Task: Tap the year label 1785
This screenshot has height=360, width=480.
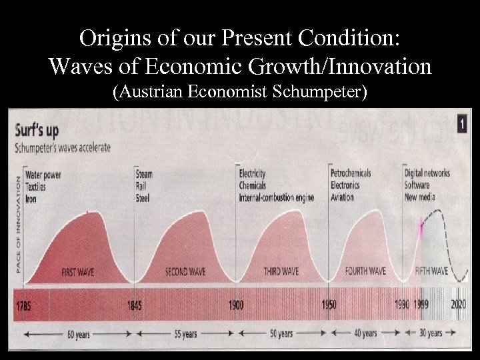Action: pyautogui.click(x=24, y=305)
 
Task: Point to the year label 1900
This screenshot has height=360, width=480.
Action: pyautogui.click(x=236, y=305)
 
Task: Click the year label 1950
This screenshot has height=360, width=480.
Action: pyautogui.click(x=329, y=305)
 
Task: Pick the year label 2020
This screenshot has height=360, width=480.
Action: pyautogui.click(x=458, y=305)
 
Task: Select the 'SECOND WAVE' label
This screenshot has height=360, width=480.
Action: pyautogui.click(x=186, y=272)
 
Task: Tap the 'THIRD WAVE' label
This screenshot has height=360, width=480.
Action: pyautogui.click(x=281, y=272)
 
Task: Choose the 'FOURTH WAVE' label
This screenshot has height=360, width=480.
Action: pyautogui.click(x=365, y=271)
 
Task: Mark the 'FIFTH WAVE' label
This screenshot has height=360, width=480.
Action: pyautogui.click(x=431, y=271)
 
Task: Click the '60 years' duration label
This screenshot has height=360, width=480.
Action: pyautogui.click(x=78, y=334)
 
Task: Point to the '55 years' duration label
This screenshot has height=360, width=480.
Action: pyautogui.click(x=185, y=334)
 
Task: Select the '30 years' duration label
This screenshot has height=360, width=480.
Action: pyautogui.click(x=431, y=333)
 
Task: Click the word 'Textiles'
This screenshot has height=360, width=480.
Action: pyautogui.click(x=38, y=187)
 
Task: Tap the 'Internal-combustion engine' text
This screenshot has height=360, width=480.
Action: pyautogui.click(x=277, y=198)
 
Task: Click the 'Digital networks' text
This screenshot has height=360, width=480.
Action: pyautogui.click(x=427, y=173)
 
